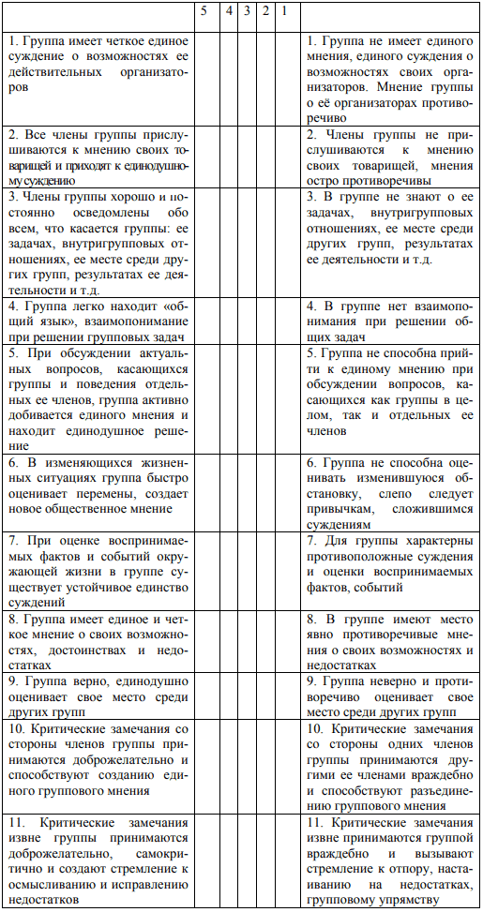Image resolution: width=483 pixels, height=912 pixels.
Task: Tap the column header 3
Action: [247, 12]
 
